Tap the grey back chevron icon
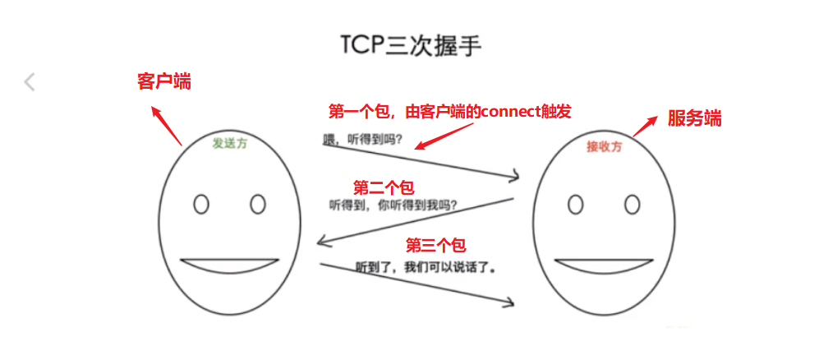[30, 81]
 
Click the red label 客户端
[163, 81]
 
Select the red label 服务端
[694, 118]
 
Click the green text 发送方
[229, 143]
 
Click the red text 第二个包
[384, 187]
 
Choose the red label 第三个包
[436, 244]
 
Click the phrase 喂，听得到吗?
[362, 139]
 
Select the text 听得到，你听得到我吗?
[393, 205]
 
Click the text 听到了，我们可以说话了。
[427, 267]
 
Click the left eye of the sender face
[200, 203]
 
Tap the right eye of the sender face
[257, 203]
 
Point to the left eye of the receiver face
[575, 204]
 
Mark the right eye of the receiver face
[632, 204]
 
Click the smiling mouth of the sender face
[229, 266]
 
